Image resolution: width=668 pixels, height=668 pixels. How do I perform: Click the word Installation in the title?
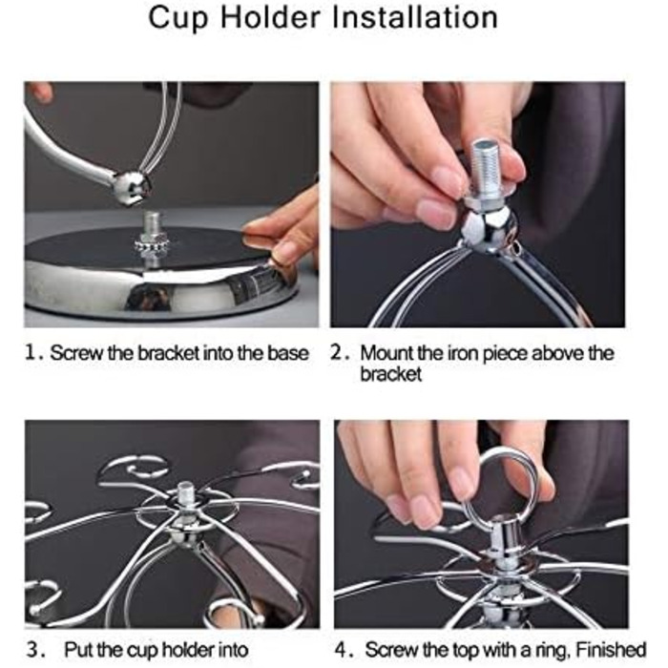[x=414, y=17]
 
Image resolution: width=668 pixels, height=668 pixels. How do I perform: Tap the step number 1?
[x=31, y=353]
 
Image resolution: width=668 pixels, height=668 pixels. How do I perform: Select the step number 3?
[x=33, y=649]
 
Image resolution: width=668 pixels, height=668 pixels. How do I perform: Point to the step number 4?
[x=342, y=649]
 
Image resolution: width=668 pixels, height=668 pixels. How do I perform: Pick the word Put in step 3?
[x=79, y=650]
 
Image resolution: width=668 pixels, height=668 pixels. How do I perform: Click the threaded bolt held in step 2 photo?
[x=487, y=171]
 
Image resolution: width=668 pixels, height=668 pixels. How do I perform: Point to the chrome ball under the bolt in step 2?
[x=487, y=230]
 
